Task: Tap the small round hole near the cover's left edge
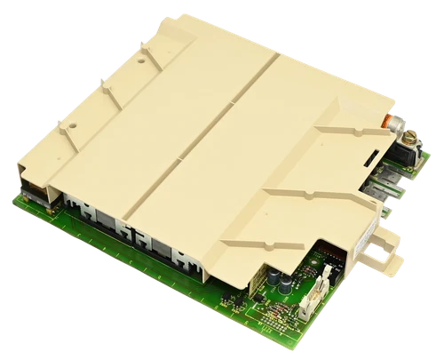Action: (x=72, y=125)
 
